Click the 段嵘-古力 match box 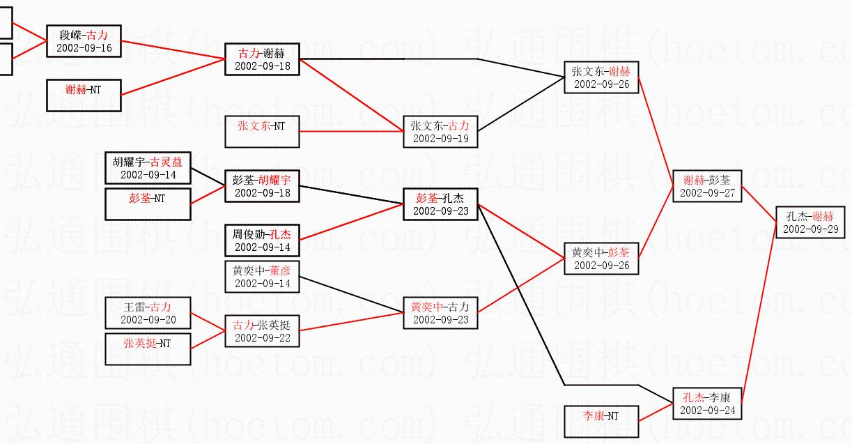point(84,41)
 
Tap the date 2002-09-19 point(440,139)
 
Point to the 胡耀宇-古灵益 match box point(148,168)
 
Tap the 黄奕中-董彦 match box point(262,277)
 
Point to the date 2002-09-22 point(262,338)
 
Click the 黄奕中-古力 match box point(440,313)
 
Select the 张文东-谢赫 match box point(601,77)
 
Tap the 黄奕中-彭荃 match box point(601,259)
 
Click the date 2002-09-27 point(707,193)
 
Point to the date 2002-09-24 point(707,411)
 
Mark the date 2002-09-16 point(84,48)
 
